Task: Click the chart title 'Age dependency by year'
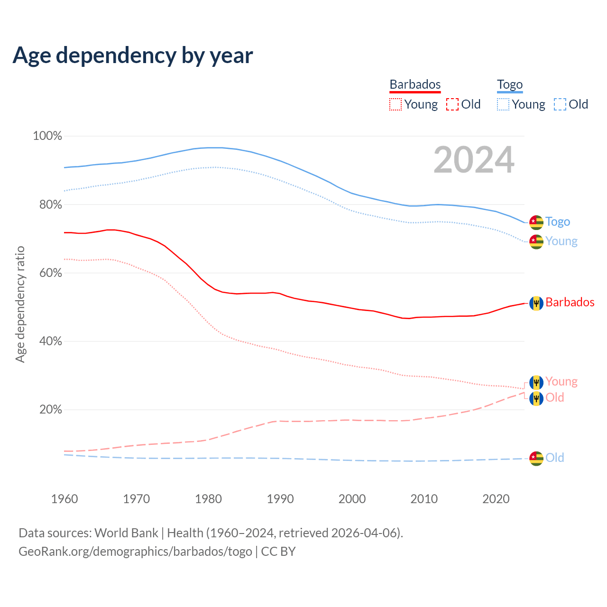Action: click(x=133, y=55)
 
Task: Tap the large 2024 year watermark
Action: click(x=474, y=160)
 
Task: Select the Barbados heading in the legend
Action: click(x=415, y=84)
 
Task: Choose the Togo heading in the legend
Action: click(x=509, y=84)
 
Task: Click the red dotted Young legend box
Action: click(x=395, y=104)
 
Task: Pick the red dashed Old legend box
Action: click(x=452, y=104)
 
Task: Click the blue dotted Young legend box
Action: click(x=503, y=104)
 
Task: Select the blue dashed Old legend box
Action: click(x=560, y=104)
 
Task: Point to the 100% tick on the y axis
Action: click(x=47, y=136)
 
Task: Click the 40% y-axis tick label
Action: click(x=47, y=341)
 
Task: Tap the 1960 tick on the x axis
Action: click(x=64, y=499)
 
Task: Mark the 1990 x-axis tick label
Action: click(x=280, y=499)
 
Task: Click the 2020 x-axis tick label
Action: click(x=496, y=499)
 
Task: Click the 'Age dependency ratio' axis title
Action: click(x=20, y=304)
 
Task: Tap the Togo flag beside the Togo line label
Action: click(x=536, y=222)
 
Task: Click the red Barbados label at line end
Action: click(x=570, y=303)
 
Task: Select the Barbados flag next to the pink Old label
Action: click(x=536, y=398)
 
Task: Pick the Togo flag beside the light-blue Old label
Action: click(x=536, y=458)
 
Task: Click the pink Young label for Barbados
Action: click(x=561, y=382)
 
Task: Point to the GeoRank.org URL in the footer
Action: click(x=135, y=552)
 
